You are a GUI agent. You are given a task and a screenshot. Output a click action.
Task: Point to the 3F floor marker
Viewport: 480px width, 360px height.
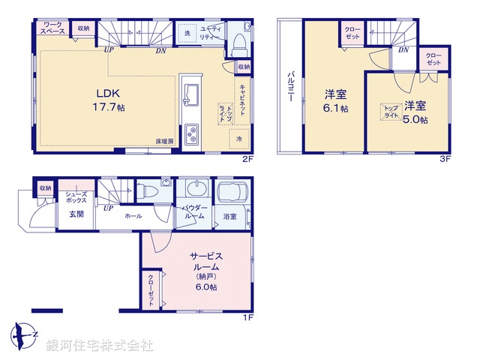click(x=445, y=159)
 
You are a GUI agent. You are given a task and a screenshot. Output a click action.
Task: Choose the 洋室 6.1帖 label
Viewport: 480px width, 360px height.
click(x=335, y=101)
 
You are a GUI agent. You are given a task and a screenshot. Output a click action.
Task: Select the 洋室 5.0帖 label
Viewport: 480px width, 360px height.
click(x=415, y=112)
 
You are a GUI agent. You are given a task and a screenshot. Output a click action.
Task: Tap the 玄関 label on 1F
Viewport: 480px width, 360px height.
click(x=77, y=214)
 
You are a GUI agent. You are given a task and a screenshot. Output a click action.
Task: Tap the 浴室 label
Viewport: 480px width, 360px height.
click(x=229, y=216)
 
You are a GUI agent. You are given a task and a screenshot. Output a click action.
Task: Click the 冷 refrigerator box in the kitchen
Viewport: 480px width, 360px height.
click(x=239, y=139)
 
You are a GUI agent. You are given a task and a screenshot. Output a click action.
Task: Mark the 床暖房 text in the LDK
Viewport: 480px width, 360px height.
click(x=165, y=141)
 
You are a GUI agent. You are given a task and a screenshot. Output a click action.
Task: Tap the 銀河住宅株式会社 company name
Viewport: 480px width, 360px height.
click(x=99, y=346)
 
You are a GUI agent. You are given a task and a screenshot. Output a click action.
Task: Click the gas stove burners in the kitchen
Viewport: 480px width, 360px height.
click(x=192, y=134)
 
